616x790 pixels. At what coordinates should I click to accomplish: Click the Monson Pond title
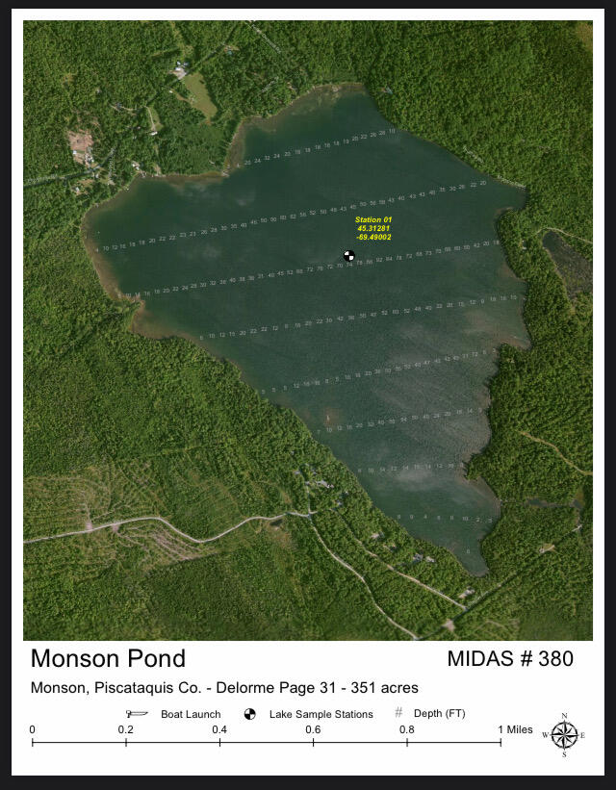click(108, 659)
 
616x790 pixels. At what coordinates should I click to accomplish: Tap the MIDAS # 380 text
click(510, 659)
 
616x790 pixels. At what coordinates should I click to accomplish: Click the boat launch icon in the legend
click(139, 714)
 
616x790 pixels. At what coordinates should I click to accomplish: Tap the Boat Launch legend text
click(191, 715)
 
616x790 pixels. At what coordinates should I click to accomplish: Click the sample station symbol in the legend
click(250, 714)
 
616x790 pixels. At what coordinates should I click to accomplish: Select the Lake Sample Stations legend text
click(321, 715)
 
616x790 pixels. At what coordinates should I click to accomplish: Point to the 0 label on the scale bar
click(33, 729)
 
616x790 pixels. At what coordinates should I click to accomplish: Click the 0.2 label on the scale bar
click(125, 729)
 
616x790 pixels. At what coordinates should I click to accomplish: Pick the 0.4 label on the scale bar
click(219, 729)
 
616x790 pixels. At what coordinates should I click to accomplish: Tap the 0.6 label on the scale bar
click(313, 729)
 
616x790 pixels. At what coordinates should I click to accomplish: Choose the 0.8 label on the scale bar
click(407, 729)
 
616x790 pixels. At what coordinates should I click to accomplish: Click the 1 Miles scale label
click(515, 729)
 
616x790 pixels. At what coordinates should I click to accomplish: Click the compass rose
click(564, 735)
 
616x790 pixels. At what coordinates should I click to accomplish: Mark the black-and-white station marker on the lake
click(349, 255)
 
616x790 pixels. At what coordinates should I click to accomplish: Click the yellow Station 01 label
click(373, 220)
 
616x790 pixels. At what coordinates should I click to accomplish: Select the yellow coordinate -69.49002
click(373, 237)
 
